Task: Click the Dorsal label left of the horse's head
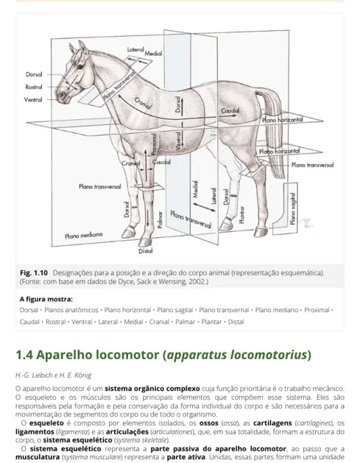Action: tap(35, 75)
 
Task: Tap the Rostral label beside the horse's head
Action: tap(35, 87)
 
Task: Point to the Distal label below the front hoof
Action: tap(146, 250)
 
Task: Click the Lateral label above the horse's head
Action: tap(136, 49)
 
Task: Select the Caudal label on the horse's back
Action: tap(231, 110)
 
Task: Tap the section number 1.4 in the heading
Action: tap(28, 355)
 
